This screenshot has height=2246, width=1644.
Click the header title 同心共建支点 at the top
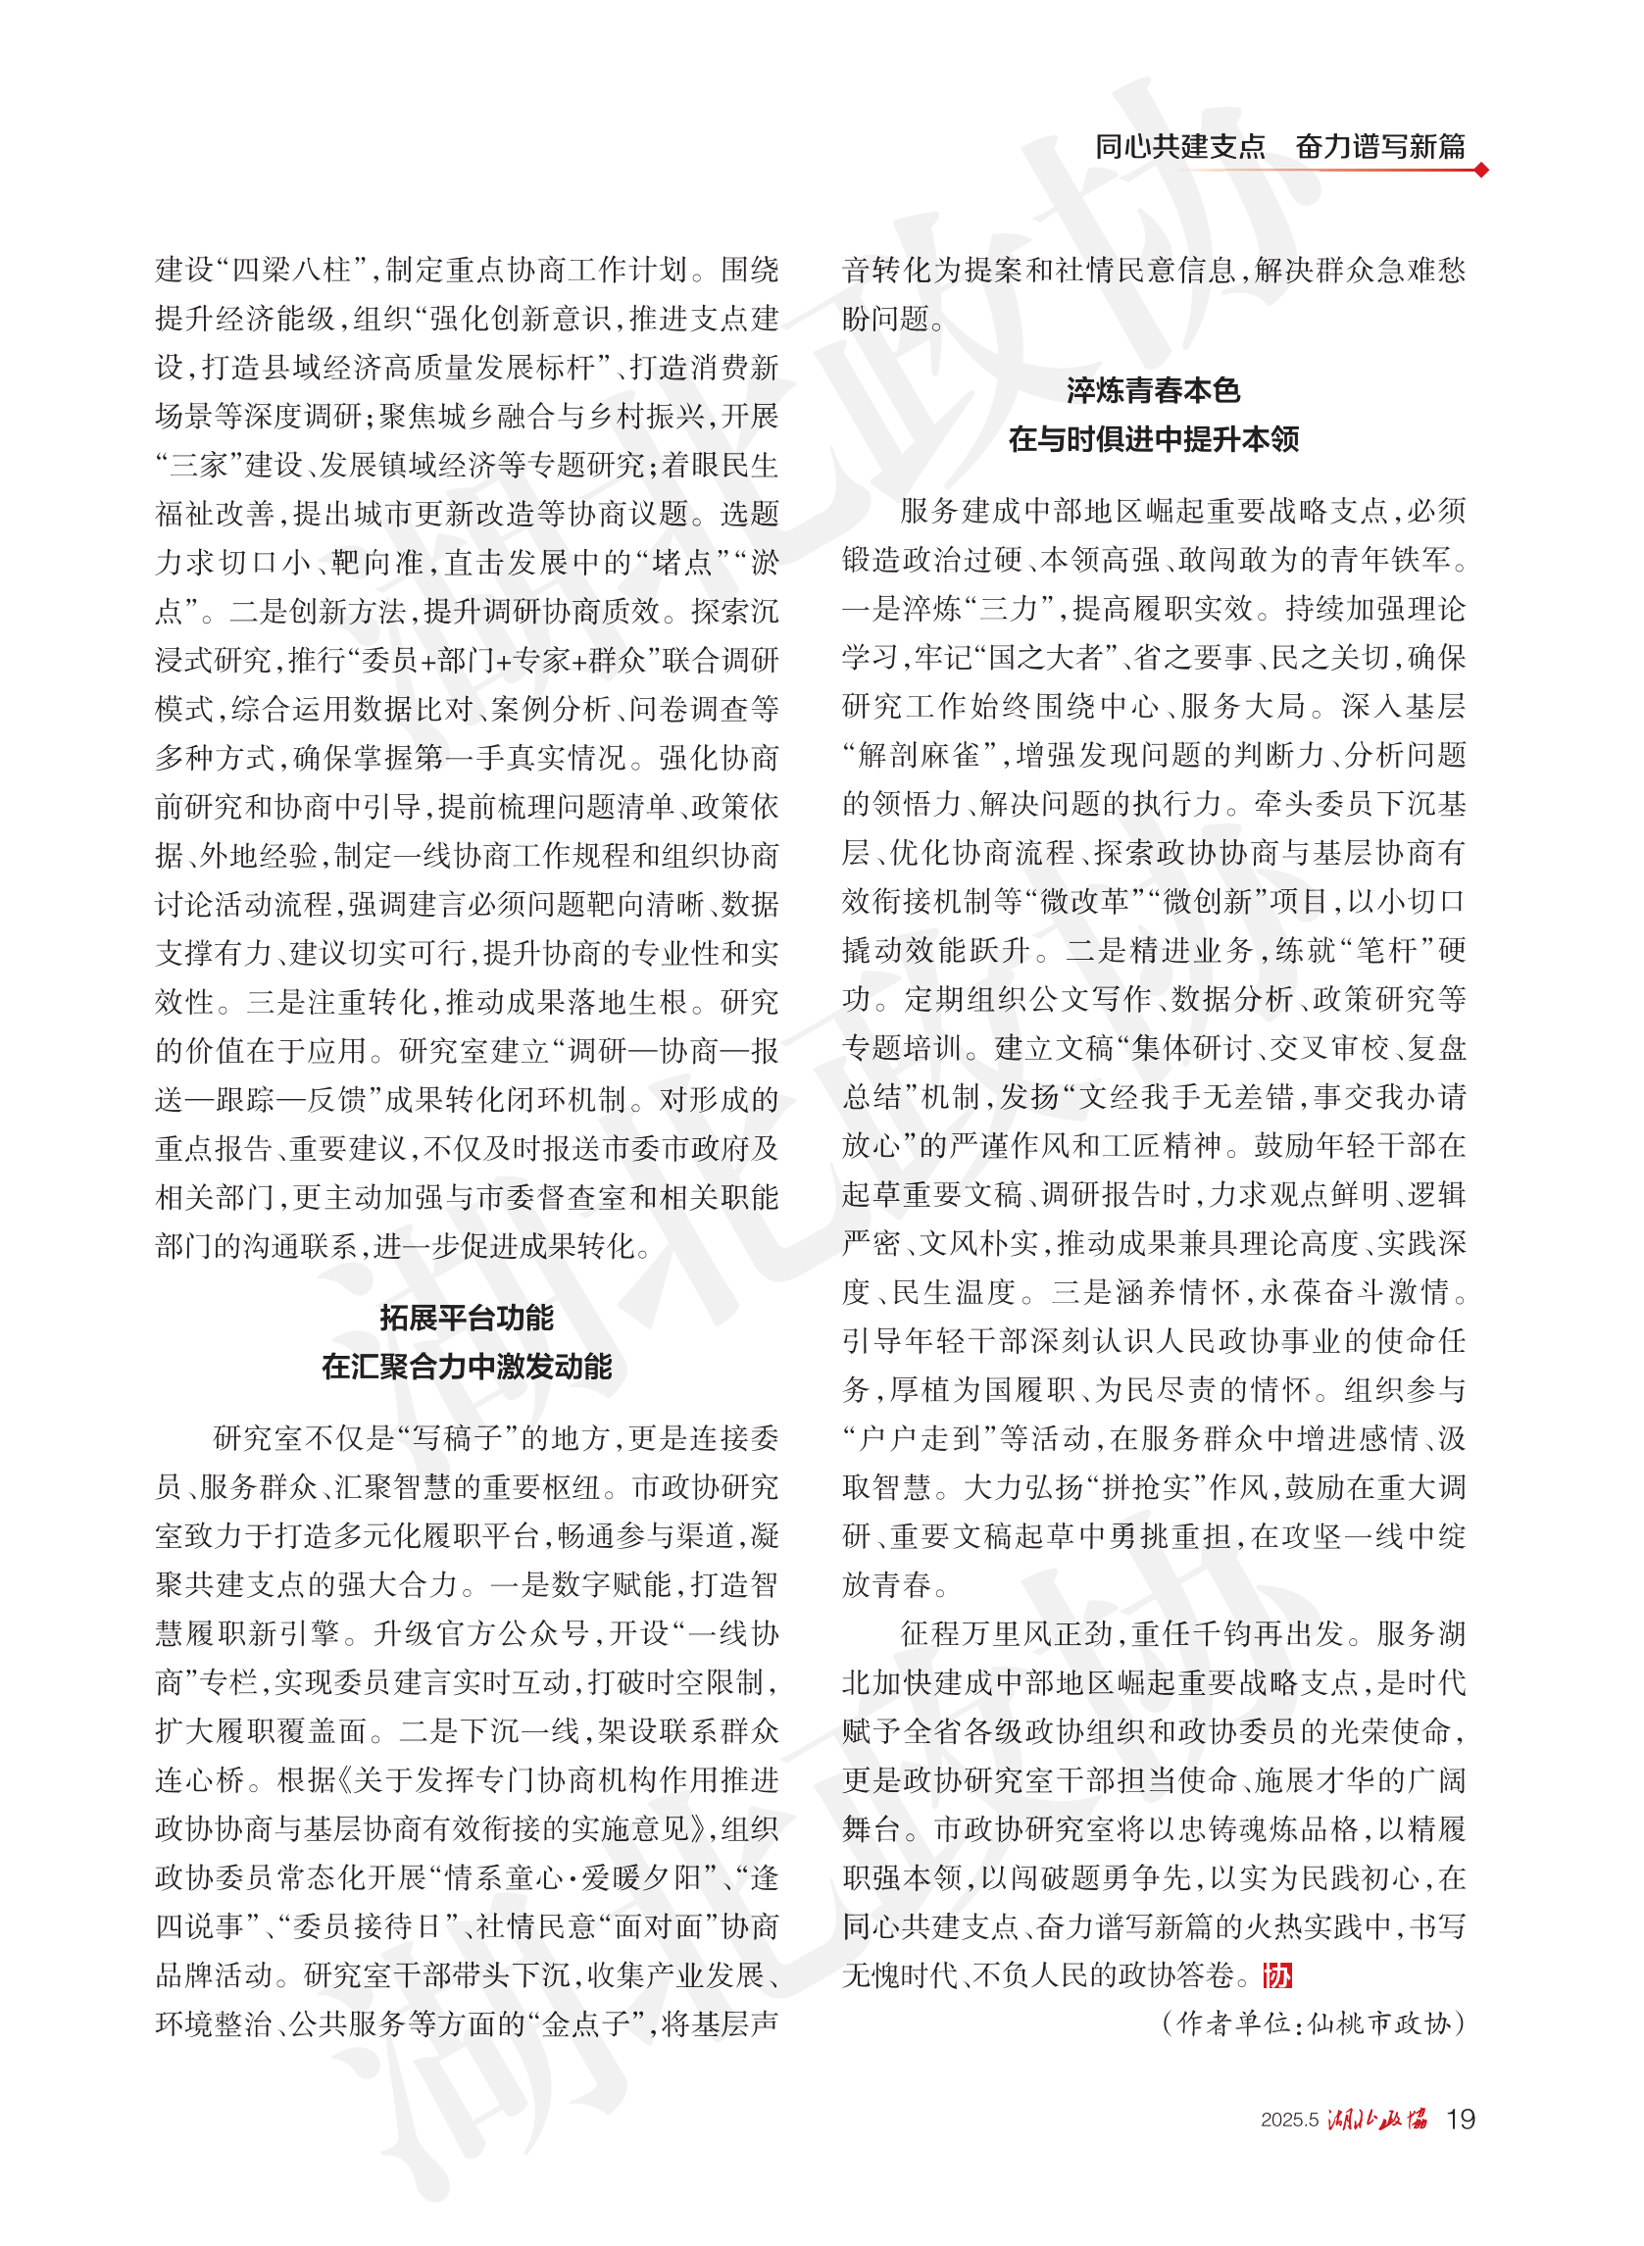pyautogui.click(x=1179, y=147)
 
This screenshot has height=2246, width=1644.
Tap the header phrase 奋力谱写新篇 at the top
pyautogui.click(x=1380, y=147)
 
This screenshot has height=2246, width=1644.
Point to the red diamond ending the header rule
pyautogui.click(x=1481, y=171)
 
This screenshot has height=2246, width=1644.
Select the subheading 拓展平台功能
pyautogui.click(x=466, y=1318)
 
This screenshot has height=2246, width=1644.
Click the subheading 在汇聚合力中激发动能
pyautogui.click(x=466, y=1367)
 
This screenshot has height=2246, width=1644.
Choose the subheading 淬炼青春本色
pyautogui.click(x=1153, y=390)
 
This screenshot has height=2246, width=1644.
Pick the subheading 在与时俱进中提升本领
pyautogui.click(x=1153, y=439)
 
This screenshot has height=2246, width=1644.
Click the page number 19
pyautogui.click(x=1460, y=2119)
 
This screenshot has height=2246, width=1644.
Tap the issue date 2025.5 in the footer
pyautogui.click(x=1289, y=2120)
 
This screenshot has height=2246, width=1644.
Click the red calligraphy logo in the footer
pyautogui.click(x=1377, y=2119)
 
